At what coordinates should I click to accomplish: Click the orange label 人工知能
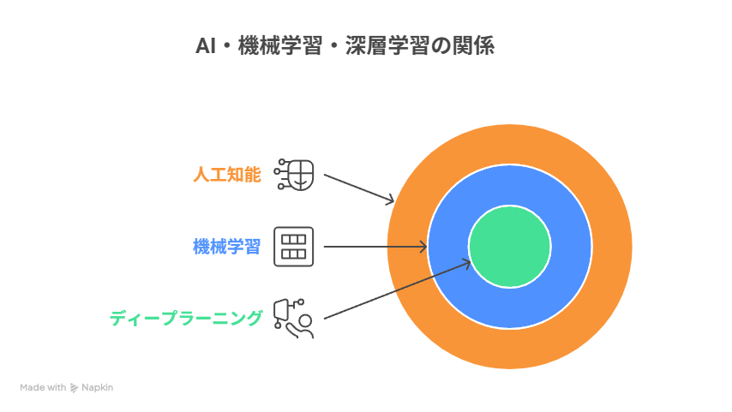[227, 175]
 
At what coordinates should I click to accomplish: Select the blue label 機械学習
[227, 247]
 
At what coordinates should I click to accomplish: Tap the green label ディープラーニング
[186, 319]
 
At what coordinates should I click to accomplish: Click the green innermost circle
[510, 247]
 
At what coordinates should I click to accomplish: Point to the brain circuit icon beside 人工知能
[294, 175]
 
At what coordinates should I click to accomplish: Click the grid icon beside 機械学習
[294, 247]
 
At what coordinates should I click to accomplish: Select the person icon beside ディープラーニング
[294, 319]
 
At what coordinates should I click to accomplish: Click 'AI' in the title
[206, 45]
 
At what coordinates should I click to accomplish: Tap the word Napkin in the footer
[97, 387]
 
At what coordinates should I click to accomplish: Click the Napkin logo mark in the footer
[74, 388]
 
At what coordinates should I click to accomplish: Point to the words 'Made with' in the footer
[43, 387]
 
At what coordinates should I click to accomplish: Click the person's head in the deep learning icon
[305, 321]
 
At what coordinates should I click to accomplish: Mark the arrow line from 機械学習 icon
[375, 247]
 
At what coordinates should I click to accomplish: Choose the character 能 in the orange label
[253, 175]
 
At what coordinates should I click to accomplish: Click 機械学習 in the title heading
[280, 45]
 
